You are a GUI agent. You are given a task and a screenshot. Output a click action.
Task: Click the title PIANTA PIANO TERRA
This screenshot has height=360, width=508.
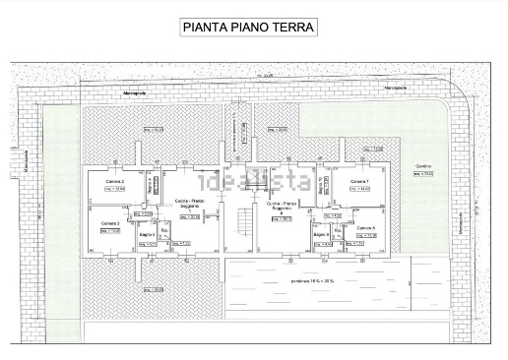point(248,28)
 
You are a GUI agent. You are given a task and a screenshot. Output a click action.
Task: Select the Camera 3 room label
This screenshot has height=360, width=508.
point(109,223)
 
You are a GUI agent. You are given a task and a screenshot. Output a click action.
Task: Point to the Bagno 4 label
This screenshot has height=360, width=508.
point(151,184)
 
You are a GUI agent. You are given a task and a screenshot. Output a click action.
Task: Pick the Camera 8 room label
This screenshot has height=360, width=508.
point(366,227)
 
